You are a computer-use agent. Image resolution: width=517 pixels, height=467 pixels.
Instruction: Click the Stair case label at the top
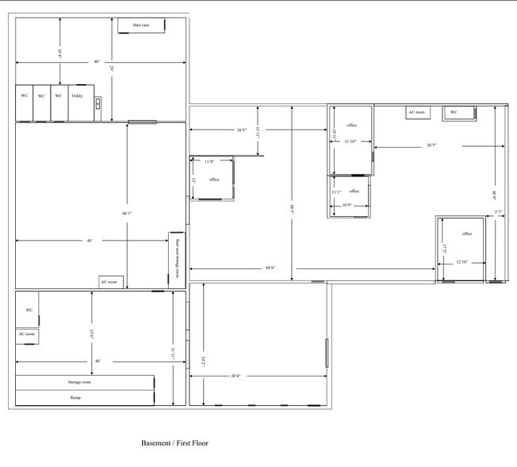tap(141, 25)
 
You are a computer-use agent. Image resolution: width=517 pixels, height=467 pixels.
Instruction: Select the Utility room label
tap(78, 95)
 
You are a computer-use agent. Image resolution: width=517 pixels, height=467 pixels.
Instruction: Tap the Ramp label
tap(75, 397)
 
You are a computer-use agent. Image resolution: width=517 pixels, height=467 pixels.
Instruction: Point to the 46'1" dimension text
tap(126, 214)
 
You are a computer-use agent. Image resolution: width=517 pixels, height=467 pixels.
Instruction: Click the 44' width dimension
tap(90, 241)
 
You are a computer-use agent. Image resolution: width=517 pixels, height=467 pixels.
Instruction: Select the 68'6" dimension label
tap(270, 268)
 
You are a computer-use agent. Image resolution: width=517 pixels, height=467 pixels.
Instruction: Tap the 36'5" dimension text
tap(432, 145)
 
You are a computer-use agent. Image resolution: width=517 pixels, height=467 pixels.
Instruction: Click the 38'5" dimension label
tap(241, 130)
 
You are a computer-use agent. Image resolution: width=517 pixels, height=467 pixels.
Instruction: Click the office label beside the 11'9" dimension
tap(214, 179)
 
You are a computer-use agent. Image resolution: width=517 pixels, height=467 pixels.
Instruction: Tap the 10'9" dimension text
tap(347, 206)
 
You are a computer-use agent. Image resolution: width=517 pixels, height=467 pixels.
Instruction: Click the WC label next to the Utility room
tap(59, 95)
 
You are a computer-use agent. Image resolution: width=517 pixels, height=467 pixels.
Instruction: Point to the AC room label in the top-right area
tap(417, 113)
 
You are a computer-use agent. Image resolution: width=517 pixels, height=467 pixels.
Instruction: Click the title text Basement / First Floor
tap(174, 442)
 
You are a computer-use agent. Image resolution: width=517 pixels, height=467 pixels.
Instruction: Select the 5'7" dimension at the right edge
tap(499, 212)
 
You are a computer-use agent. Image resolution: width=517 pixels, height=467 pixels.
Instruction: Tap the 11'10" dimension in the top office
tap(350, 141)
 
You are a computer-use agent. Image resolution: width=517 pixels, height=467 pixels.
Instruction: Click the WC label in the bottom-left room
tap(29, 310)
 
